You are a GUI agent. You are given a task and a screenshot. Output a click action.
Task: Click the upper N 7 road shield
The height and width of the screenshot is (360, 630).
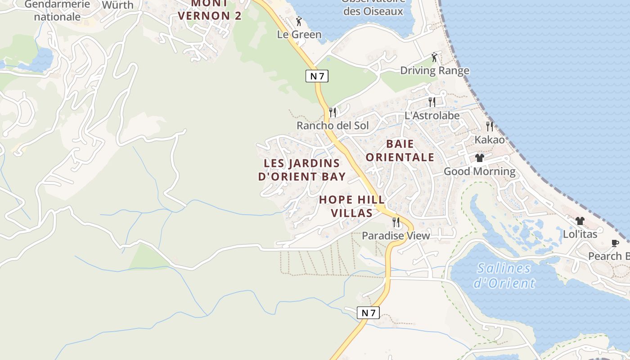(317, 76)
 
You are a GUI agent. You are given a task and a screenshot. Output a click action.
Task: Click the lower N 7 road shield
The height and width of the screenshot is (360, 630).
(368, 313)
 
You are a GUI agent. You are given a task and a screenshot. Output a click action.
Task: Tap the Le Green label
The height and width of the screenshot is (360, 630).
(299, 35)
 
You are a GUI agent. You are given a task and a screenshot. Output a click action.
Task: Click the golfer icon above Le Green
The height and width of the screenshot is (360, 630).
(299, 21)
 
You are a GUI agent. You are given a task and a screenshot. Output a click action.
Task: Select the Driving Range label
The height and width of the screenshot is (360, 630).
(434, 71)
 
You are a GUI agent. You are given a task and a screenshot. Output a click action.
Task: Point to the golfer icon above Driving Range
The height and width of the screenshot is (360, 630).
(434, 57)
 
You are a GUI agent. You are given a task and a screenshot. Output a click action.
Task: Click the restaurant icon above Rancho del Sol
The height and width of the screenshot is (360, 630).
(333, 112)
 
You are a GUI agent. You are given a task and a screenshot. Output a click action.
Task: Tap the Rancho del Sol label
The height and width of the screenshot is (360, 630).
(333, 126)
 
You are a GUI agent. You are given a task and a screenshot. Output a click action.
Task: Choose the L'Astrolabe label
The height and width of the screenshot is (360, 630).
(432, 116)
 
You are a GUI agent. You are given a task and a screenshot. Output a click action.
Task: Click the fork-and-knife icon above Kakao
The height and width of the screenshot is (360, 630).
(490, 126)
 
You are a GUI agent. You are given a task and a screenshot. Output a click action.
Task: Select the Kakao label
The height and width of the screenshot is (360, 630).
(490, 139)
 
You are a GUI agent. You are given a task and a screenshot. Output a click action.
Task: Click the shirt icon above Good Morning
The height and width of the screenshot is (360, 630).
(479, 158)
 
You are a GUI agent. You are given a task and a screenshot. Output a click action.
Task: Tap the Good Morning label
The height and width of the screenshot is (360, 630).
(479, 171)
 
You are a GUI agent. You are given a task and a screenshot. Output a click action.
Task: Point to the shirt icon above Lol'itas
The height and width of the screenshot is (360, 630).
(580, 221)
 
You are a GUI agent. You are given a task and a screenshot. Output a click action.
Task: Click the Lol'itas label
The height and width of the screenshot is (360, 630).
(580, 234)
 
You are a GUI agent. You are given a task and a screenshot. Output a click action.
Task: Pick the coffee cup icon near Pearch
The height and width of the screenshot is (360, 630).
(615, 243)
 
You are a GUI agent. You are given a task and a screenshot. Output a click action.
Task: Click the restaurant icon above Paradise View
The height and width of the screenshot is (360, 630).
(396, 222)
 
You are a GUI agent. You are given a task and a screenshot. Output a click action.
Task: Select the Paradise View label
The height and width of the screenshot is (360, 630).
(396, 235)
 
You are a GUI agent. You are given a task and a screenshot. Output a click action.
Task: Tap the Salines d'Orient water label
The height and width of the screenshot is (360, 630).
(504, 275)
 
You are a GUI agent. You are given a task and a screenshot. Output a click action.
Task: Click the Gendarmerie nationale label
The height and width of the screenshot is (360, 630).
(57, 11)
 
